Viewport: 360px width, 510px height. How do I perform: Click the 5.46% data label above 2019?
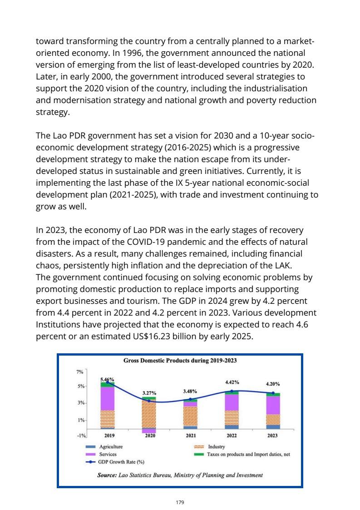click(107, 379)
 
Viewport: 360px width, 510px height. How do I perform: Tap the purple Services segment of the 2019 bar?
click(108, 398)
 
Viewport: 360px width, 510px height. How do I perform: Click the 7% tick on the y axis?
click(80, 372)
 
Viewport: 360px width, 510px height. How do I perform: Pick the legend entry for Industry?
click(216, 447)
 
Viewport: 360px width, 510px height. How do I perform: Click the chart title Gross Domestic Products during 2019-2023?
click(180, 361)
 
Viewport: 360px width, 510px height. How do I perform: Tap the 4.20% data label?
click(272, 384)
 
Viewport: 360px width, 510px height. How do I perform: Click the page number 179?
click(180, 502)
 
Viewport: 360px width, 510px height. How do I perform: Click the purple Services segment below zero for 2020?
click(149, 431)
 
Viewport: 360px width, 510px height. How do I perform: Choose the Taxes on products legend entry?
click(248, 454)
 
